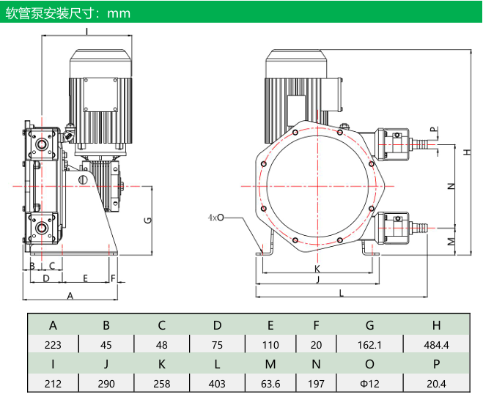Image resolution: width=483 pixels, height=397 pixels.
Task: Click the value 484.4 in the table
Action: (436, 345)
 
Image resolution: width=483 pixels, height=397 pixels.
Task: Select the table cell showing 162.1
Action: (369, 345)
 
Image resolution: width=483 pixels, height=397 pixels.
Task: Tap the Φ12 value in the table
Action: (369, 384)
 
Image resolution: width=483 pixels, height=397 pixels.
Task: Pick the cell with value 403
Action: (217, 384)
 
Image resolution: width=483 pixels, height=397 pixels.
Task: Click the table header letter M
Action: (270, 364)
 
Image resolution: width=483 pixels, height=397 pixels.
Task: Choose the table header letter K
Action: (162, 364)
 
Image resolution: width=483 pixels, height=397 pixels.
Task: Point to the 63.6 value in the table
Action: (270, 384)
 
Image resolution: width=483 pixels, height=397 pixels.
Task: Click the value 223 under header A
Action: (53, 345)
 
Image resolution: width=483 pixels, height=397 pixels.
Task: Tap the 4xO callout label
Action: (215, 218)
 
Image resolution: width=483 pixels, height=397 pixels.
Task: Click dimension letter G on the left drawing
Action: (148, 220)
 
